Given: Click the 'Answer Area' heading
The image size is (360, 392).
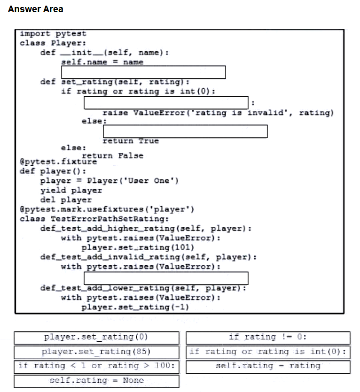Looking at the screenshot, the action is [36, 9].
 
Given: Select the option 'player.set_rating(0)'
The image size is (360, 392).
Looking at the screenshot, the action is [97, 338].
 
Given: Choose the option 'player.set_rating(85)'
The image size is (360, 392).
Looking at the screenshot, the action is [97, 352].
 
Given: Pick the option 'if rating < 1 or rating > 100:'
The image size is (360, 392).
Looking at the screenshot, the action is [97, 367].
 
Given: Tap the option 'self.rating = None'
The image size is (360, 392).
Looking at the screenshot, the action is [97, 381].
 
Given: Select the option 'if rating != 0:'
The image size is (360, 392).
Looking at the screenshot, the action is [268, 338].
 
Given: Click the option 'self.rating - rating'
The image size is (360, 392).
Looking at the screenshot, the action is [268, 367].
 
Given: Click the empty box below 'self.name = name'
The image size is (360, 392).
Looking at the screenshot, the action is [143, 72].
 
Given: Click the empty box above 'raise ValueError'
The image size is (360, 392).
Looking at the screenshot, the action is [166, 103].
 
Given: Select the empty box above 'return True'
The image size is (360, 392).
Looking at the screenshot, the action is [185, 131].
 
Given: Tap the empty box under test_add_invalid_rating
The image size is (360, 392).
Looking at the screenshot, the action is [166, 278].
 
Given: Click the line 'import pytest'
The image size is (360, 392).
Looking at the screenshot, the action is [53, 34].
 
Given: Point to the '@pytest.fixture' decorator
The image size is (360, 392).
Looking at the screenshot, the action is [58, 162].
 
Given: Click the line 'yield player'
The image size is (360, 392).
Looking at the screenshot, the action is [71, 191].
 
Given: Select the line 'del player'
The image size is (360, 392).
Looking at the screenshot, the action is [66, 200].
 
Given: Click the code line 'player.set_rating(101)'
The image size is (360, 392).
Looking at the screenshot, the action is [138, 248].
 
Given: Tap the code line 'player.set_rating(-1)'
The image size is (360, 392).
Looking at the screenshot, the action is [135, 307].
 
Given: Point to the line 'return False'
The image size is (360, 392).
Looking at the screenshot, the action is [113, 156].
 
